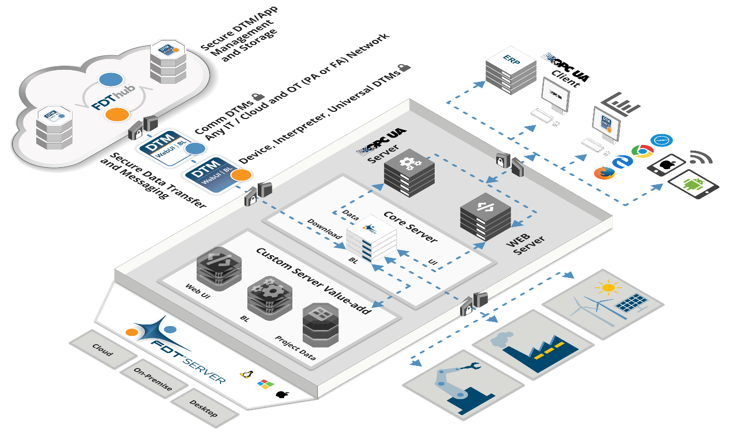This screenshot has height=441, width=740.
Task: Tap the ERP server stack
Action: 511,71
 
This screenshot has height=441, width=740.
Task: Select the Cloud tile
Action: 102,350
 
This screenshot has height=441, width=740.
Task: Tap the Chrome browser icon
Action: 642,151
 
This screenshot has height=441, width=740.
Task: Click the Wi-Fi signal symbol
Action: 701,157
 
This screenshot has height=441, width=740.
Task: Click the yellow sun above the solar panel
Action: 608,287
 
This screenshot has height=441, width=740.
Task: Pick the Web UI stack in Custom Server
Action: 219,268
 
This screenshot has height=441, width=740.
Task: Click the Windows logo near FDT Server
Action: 265,384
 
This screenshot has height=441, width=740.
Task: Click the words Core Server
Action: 410,226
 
